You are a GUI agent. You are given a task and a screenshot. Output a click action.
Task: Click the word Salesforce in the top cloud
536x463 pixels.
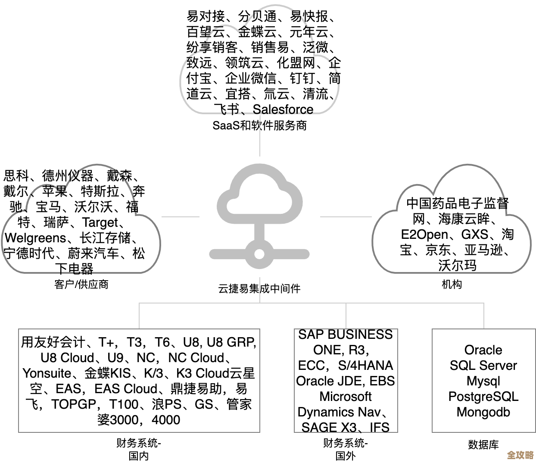(283, 109)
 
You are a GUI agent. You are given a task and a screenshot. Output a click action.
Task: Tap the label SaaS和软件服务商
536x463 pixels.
(260, 125)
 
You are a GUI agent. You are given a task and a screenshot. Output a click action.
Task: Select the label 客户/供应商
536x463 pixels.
(81, 284)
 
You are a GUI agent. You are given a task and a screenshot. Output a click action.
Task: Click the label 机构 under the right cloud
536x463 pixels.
(452, 284)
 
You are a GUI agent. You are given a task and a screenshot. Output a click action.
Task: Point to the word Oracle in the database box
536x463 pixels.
(483, 350)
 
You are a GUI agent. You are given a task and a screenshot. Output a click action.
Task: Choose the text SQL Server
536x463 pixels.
(483, 366)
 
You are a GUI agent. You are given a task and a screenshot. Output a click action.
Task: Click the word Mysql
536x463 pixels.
(483, 381)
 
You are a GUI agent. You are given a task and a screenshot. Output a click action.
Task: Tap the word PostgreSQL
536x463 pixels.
(483, 397)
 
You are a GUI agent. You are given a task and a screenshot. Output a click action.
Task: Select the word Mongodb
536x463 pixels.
(483, 412)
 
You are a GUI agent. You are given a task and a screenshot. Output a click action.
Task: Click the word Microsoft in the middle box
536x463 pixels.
(346, 396)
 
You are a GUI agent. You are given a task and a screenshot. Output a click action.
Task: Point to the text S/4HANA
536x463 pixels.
(365, 366)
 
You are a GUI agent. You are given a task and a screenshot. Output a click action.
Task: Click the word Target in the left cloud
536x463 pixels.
(100, 222)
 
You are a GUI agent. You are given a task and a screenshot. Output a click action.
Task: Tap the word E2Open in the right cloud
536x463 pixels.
(424, 235)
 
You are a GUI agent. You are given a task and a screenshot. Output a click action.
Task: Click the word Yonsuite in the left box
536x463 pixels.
(47, 373)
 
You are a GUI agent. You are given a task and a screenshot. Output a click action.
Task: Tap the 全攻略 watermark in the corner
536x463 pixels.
(520, 455)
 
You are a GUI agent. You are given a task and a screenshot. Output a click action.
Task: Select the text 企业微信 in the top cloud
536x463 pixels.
(250, 78)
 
